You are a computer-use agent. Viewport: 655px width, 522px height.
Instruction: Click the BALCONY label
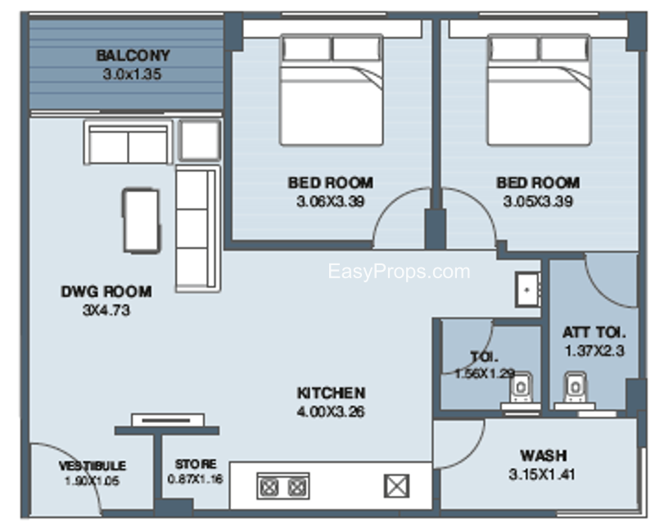point(133,56)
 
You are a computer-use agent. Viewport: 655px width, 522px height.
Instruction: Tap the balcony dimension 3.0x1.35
point(132,74)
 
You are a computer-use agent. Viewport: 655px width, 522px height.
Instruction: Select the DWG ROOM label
point(106,291)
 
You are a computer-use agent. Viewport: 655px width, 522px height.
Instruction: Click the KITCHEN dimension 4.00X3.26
point(331,412)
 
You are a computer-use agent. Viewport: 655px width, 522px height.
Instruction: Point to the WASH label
point(544,455)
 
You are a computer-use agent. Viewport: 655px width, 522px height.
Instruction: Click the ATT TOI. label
point(594,332)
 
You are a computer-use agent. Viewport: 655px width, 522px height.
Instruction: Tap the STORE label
point(196,464)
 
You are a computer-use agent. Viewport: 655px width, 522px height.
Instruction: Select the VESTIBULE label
point(93,466)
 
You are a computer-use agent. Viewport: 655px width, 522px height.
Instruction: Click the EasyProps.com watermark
point(399,272)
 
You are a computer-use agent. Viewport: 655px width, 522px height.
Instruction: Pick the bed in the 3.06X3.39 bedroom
point(332,90)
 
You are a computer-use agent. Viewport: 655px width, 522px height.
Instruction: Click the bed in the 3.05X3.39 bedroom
point(539,90)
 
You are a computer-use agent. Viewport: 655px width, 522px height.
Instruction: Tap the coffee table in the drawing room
point(141,220)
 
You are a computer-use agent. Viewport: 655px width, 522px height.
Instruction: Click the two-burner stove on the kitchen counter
point(283,486)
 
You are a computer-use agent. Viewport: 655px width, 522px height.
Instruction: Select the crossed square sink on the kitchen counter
point(396,486)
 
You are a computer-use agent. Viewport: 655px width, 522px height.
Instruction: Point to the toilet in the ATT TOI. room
point(575,390)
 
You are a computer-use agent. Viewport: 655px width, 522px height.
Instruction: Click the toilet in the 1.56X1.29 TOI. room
point(521,390)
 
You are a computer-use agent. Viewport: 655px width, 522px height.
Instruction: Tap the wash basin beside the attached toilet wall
point(527,290)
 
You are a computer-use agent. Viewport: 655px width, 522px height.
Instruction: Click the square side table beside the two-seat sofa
point(200,141)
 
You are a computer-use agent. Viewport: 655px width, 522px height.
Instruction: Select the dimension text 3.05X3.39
point(538,202)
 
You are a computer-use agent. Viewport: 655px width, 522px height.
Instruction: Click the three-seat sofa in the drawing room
point(197,228)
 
